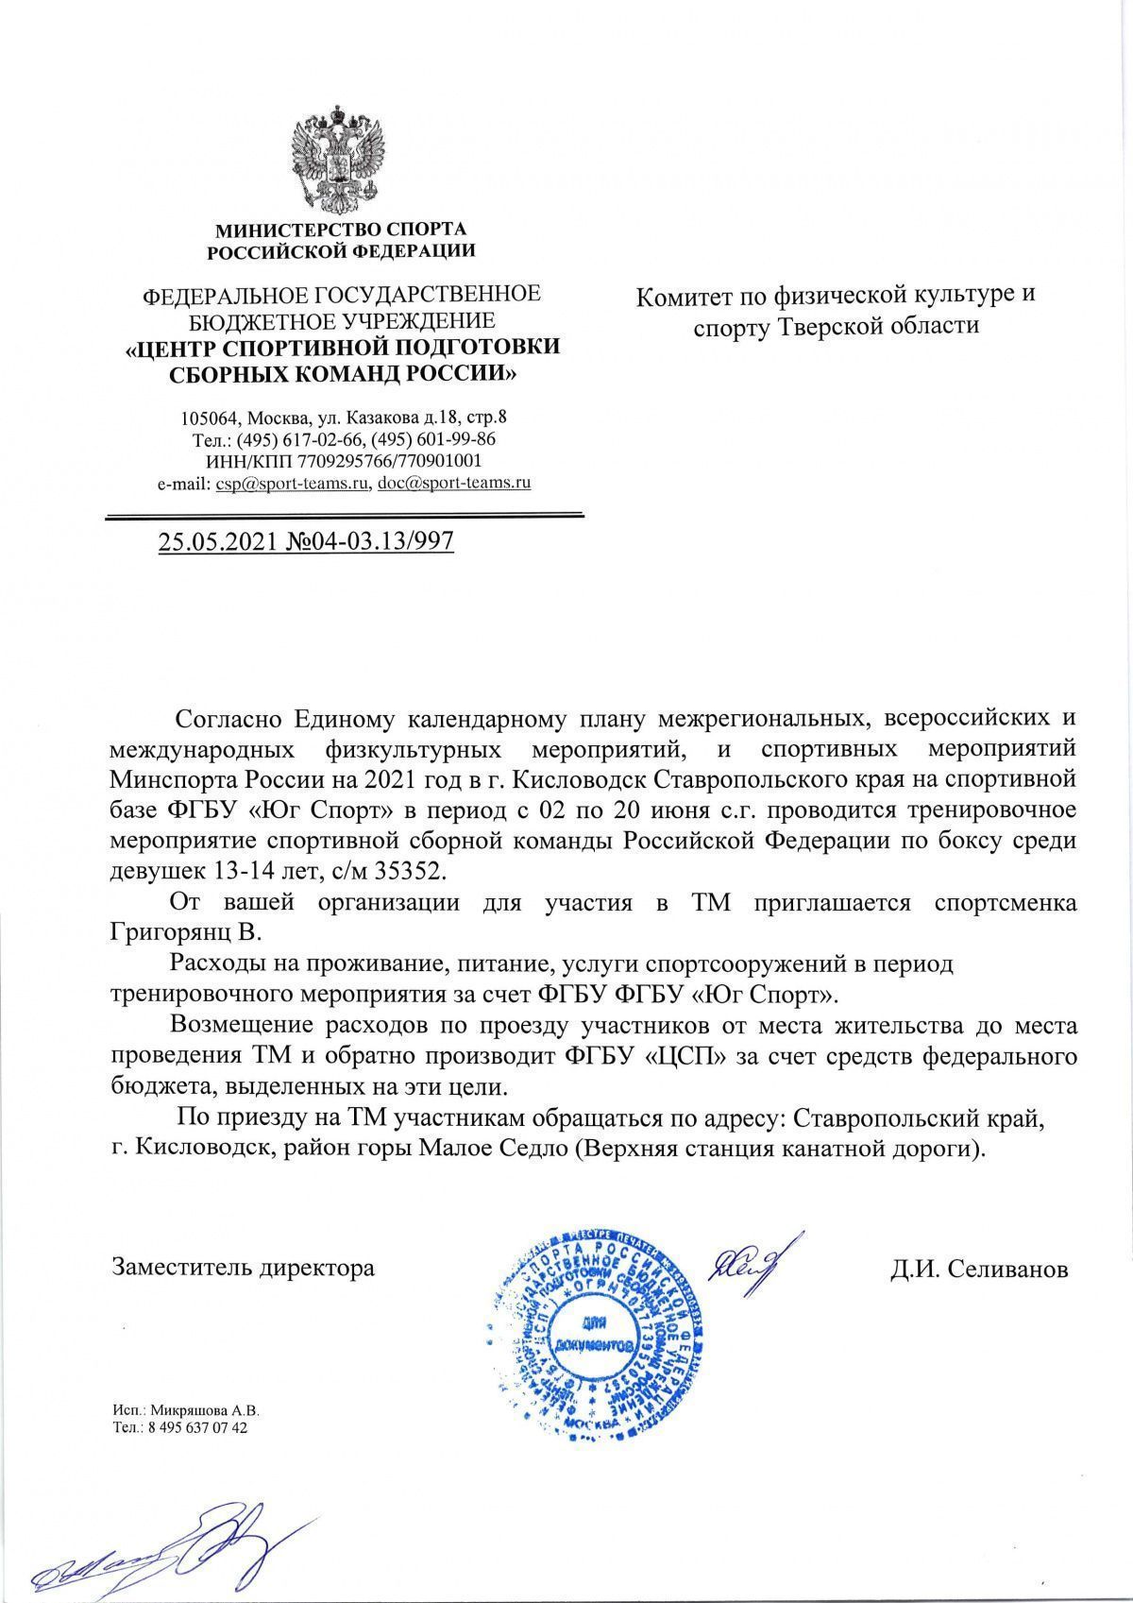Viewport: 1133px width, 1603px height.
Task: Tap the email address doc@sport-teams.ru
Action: coord(454,483)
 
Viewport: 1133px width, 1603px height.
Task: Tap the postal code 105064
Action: coord(210,418)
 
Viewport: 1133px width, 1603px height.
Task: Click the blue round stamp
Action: coord(594,1332)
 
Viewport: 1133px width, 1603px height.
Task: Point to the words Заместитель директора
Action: coord(244,1267)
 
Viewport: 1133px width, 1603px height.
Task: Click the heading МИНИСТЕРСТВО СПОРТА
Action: coord(342,230)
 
